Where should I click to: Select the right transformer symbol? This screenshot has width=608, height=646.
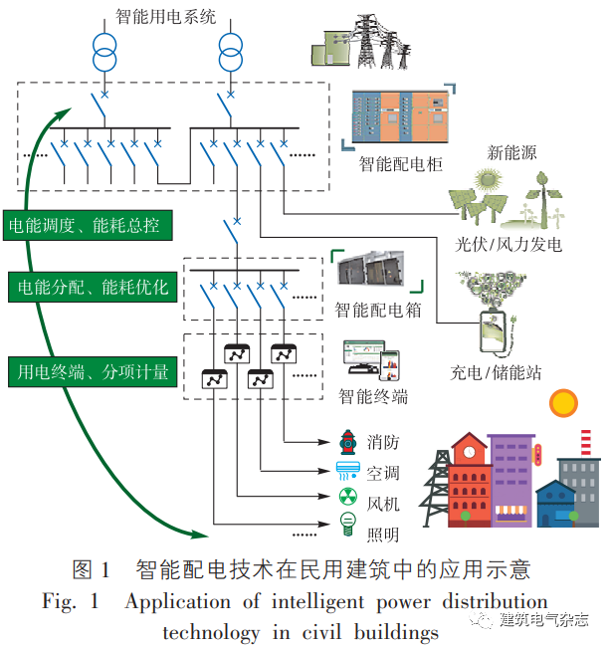(231, 53)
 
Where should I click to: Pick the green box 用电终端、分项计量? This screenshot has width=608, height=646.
(88, 372)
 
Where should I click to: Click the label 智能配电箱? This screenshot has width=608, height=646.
(377, 310)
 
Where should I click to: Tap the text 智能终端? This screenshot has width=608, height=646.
(373, 396)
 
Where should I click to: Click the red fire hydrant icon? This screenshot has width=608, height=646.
(347, 440)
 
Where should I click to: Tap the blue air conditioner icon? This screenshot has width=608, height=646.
(348, 468)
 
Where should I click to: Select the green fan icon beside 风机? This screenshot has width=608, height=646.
(348, 496)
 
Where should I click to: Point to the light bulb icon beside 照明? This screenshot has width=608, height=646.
(348, 524)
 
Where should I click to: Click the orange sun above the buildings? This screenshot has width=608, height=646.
(563, 402)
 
